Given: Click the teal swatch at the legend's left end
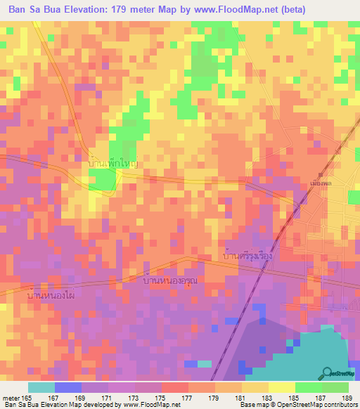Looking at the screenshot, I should coord(41,387).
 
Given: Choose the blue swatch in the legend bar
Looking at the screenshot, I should coord(67,387).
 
